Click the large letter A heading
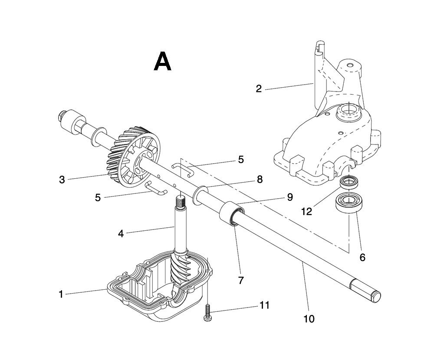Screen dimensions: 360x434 click(x=163, y=62)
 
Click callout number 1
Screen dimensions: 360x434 click(x=61, y=294)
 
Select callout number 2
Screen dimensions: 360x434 click(x=259, y=89)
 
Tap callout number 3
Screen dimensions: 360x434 click(x=62, y=180)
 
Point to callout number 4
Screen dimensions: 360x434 click(x=121, y=234)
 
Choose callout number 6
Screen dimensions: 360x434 click(x=362, y=257)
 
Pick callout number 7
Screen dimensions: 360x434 click(x=240, y=280)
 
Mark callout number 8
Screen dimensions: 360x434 click(x=260, y=179)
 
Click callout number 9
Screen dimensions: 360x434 click(x=290, y=197)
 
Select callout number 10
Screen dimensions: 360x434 click(x=309, y=319)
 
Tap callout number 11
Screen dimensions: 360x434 click(x=264, y=305)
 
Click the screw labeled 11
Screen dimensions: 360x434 click(x=208, y=313)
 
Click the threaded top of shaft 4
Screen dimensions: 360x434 click(x=181, y=201)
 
